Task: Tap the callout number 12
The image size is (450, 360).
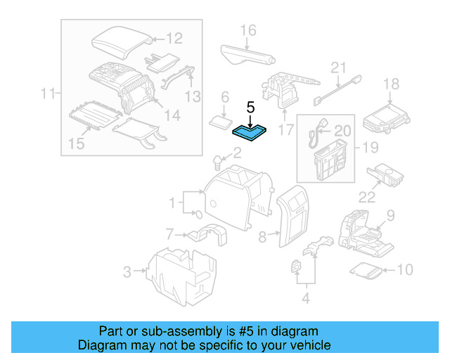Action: pyautogui.click(x=174, y=39)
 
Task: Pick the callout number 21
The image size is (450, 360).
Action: pyautogui.click(x=340, y=68)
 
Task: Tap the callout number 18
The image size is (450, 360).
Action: pyautogui.click(x=390, y=84)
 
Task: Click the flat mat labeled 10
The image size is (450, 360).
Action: pyautogui.click(x=366, y=269)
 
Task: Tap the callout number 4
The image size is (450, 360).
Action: pyautogui.click(x=304, y=298)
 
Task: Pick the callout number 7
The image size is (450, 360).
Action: pyautogui.click(x=169, y=233)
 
